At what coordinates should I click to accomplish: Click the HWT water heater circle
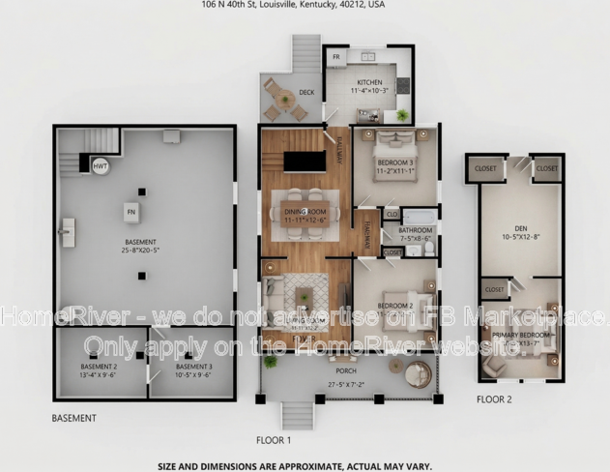pos(101,166)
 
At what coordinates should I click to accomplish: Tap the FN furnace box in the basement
pos(131,211)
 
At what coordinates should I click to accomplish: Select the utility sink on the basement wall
pos(67,231)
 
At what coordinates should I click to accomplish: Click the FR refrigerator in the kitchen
pos(336,58)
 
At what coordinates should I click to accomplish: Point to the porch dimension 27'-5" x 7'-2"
pos(345,384)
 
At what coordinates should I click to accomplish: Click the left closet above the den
pos(484,168)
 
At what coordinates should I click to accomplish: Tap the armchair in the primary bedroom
pos(496,366)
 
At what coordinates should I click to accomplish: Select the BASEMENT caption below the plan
pos(73,418)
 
